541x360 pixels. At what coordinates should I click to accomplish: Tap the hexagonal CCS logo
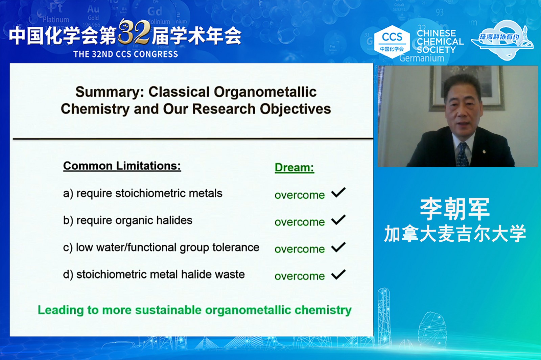click(392, 42)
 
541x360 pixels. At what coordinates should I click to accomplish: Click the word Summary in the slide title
click(110, 93)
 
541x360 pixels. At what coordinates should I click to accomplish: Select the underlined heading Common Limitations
click(122, 166)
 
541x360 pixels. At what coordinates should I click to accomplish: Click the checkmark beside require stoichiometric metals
click(338, 192)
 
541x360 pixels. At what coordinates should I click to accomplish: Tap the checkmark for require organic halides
click(338, 220)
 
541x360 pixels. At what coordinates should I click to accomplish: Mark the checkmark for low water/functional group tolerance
click(338, 247)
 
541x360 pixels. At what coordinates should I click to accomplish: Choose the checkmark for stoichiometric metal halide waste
click(338, 274)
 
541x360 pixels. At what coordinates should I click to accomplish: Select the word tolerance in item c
click(236, 247)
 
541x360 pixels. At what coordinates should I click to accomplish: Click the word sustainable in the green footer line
click(168, 310)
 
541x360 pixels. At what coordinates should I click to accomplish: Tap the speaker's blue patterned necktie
click(463, 154)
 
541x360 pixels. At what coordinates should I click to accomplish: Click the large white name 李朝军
click(455, 209)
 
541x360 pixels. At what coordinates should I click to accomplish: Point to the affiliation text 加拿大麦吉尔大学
click(455, 234)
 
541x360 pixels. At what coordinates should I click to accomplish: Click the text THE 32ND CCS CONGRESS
click(125, 54)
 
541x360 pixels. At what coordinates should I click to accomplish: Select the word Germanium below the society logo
click(422, 58)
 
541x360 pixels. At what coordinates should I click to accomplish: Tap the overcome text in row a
click(300, 195)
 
